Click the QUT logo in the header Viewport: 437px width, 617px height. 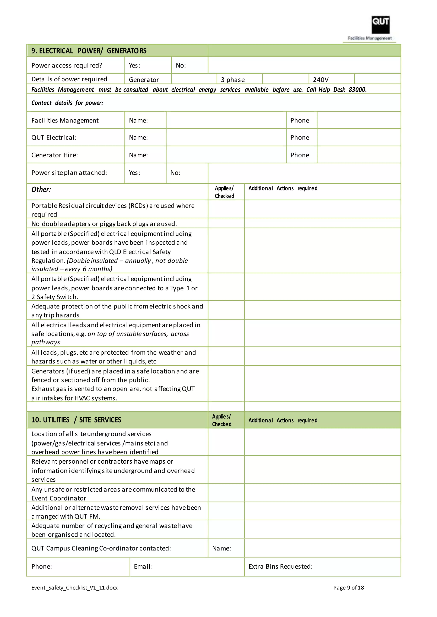(x=380, y=25)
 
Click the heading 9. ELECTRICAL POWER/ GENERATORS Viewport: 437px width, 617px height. (x=89, y=51)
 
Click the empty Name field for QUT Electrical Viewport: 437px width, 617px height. (x=226, y=138)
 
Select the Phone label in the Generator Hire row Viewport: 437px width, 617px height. (x=300, y=155)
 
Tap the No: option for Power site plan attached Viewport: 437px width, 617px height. (x=175, y=173)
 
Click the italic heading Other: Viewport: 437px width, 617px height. (x=41, y=190)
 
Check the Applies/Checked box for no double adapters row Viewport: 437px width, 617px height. (x=226, y=223)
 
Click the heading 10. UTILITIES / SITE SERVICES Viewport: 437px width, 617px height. (x=76, y=420)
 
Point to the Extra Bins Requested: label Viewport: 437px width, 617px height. (x=280, y=567)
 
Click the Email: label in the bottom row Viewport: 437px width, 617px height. (x=143, y=567)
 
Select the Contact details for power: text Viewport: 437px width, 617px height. (x=67, y=103)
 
